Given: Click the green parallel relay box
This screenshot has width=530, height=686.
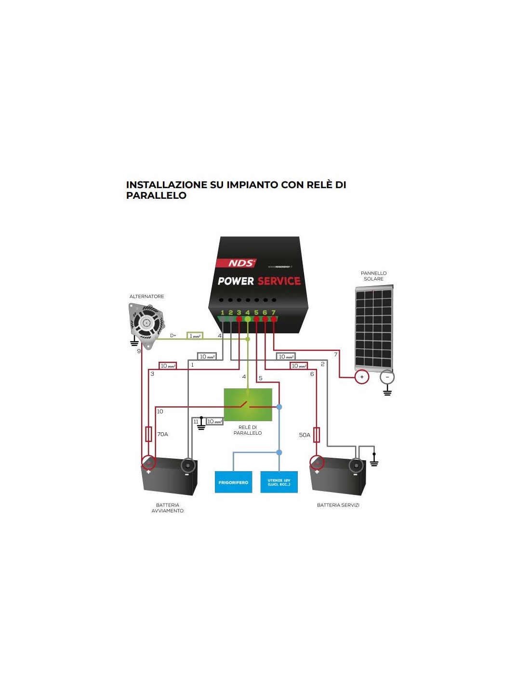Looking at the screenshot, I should pyautogui.click(x=248, y=404).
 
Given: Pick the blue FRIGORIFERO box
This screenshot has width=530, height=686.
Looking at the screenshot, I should pyautogui.click(x=233, y=482).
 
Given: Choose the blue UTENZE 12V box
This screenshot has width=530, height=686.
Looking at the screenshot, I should pyautogui.click(x=279, y=482).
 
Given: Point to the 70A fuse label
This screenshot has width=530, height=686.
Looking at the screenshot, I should pyautogui.click(x=163, y=434).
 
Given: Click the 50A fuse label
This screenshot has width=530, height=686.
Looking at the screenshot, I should pyautogui.click(x=305, y=435).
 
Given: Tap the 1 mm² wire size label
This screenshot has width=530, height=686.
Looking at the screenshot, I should pyautogui.click(x=195, y=336).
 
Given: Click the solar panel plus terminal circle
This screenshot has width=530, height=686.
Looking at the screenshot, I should pyautogui.click(x=362, y=377).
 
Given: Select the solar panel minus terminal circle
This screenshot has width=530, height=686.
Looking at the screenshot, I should pyautogui.click(x=387, y=377).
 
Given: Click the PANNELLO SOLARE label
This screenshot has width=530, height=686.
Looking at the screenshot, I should pyautogui.click(x=373, y=276).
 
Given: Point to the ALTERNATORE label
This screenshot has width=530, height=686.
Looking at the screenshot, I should pyautogui.click(x=146, y=296).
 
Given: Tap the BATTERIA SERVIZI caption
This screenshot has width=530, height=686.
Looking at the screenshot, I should pyautogui.click(x=338, y=505).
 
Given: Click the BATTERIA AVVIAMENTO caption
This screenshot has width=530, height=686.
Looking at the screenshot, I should pyautogui.click(x=168, y=508).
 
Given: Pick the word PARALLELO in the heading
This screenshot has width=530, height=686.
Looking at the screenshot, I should pyautogui.click(x=156, y=195).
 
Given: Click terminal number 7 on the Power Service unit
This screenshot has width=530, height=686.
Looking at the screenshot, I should pyautogui.click(x=273, y=313).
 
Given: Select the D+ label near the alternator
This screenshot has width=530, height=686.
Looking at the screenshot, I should pyautogui.click(x=173, y=335).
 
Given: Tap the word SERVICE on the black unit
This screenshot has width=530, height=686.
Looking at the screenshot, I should pyautogui.click(x=279, y=281).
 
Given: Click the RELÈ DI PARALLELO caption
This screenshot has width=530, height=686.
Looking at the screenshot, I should pyautogui.click(x=248, y=430).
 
